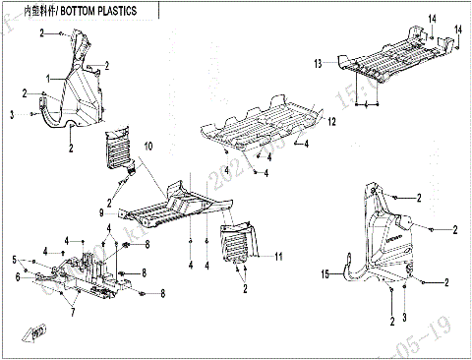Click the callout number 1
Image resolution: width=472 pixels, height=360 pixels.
pos(45,77)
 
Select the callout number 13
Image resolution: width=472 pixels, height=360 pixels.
pos(318,64)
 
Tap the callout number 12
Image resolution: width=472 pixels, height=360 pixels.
pos(331,121)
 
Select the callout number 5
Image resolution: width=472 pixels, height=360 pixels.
pos(14,260)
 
